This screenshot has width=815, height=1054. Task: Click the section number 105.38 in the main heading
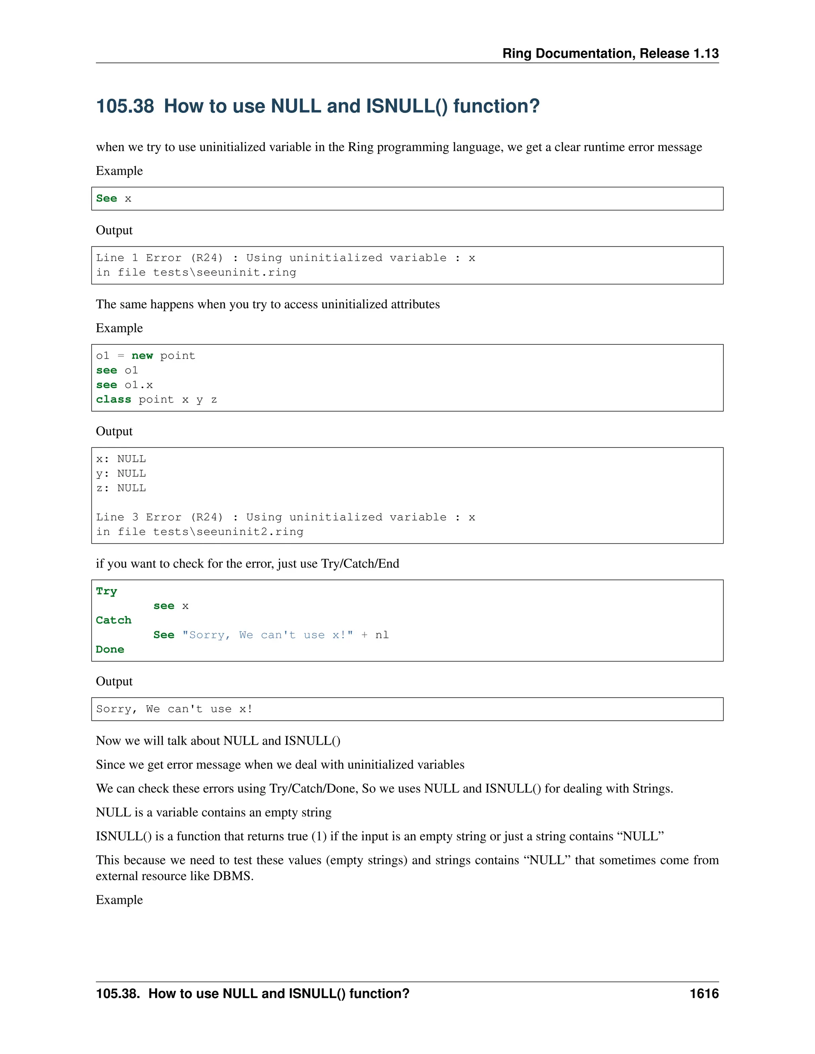point(125,106)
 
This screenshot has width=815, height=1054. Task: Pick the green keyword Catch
point(113,620)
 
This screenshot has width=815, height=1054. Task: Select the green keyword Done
point(110,650)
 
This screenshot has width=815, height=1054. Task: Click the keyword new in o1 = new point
point(142,356)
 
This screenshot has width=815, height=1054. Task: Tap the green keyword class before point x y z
point(113,400)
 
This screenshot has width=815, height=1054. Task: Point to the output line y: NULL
point(121,473)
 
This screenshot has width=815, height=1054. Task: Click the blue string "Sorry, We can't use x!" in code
point(267,635)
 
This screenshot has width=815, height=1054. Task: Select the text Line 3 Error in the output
point(138,517)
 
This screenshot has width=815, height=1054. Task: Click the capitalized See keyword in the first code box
point(106,198)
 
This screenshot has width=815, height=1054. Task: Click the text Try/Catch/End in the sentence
point(360,564)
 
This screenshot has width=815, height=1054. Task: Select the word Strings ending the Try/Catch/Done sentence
point(652,789)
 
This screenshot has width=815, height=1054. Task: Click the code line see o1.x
point(124,385)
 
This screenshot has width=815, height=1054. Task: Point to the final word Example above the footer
point(119,900)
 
